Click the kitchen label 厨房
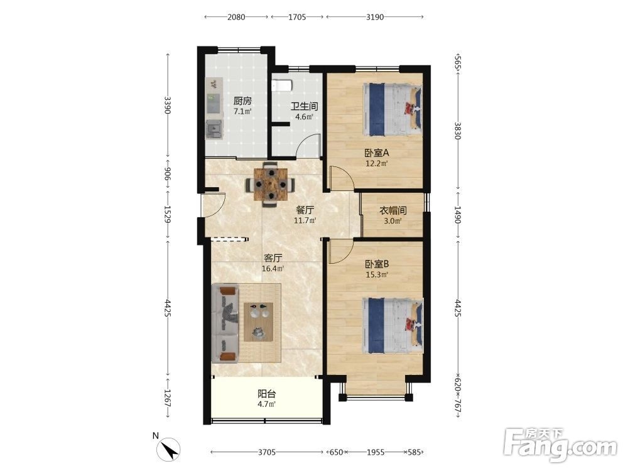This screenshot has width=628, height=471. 242,101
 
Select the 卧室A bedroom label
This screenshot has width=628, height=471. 376,153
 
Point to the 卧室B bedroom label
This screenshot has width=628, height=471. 376,264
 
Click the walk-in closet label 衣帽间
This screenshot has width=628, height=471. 393,210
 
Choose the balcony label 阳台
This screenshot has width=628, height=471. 266,394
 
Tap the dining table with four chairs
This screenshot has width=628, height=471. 271,184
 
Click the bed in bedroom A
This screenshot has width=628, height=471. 392,109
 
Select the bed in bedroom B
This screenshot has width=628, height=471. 392,326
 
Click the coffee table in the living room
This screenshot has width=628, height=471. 259,322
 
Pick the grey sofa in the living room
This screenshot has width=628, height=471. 225,323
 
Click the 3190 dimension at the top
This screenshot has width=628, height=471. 375,17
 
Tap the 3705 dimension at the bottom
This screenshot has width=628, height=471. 267,452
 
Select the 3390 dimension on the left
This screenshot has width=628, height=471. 168,105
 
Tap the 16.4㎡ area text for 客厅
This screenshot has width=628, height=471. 273,269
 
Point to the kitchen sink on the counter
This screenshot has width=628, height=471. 214,129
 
